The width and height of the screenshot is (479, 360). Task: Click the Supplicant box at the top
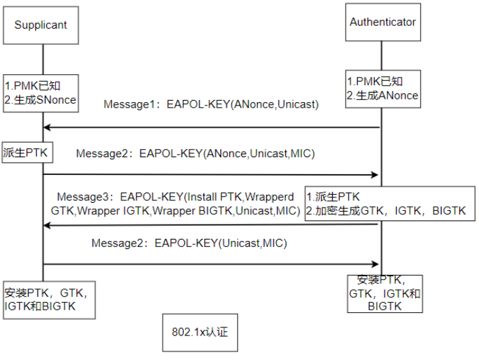43,26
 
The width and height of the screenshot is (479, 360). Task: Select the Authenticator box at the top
382,22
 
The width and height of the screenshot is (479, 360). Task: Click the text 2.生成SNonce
41,100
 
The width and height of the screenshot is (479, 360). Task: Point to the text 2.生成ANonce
382,96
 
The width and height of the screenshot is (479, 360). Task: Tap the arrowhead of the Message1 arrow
47,127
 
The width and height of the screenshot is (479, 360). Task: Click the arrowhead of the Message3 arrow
47,225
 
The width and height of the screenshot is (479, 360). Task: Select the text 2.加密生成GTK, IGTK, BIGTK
386,211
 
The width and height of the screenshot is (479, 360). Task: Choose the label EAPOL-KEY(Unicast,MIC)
221,243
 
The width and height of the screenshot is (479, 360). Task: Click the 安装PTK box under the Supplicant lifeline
45,300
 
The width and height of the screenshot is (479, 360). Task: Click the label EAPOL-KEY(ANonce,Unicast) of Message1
242,105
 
